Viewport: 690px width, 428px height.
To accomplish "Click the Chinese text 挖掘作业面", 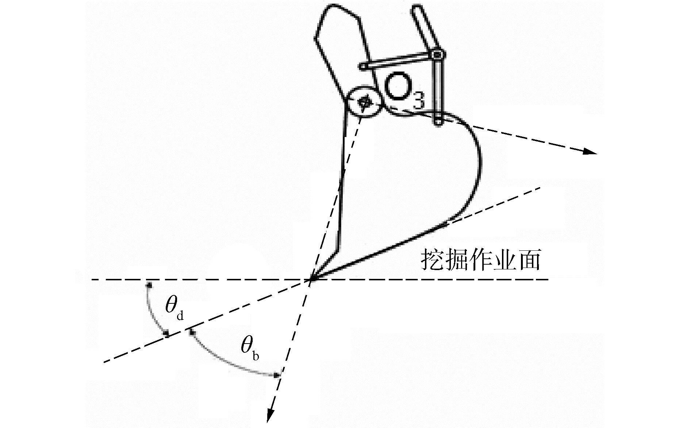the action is [x=480, y=260].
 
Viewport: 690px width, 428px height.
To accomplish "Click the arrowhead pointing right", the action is [x=589, y=151].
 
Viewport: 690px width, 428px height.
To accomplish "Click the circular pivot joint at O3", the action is [x=363, y=102].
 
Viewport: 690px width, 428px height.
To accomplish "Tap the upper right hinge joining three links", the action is [x=437, y=55].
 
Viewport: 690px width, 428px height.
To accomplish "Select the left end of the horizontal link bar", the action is [x=364, y=67].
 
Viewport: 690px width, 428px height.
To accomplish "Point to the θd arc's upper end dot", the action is [x=149, y=284].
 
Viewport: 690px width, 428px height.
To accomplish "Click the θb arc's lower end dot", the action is [x=276, y=375].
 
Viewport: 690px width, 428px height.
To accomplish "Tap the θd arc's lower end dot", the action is [x=166, y=334].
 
